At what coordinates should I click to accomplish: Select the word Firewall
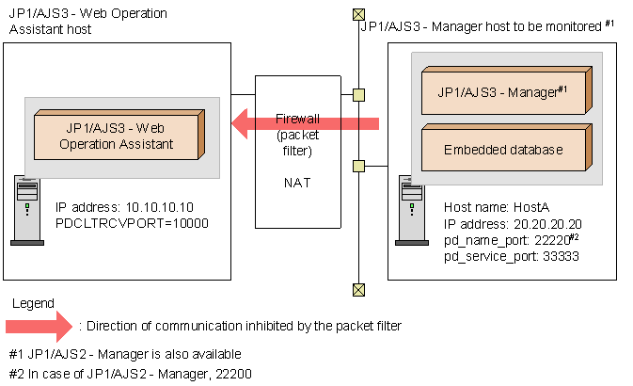(299, 120)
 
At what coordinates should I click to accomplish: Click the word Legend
(32, 303)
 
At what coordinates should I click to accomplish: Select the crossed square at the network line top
(357, 14)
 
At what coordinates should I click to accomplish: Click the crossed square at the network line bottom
(357, 290)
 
